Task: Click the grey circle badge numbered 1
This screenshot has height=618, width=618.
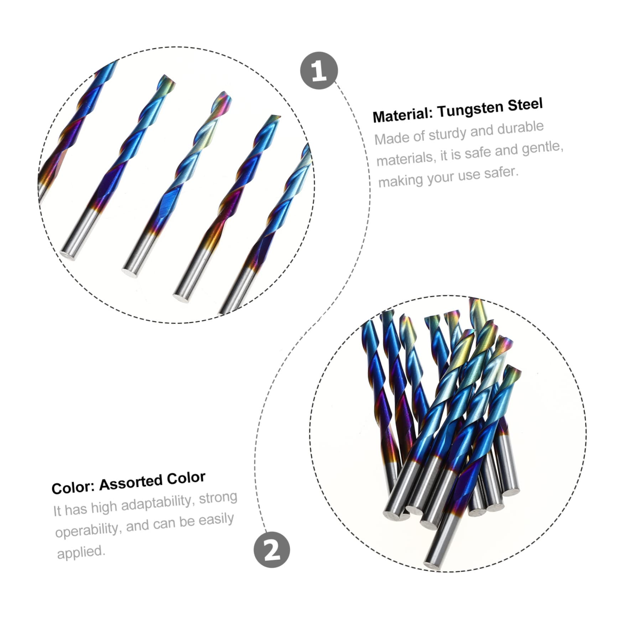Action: click(x=319, y=71)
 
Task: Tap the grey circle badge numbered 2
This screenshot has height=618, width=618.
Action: click(x=272, y=549)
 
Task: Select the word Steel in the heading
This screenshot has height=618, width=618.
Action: click(x=525, y=105)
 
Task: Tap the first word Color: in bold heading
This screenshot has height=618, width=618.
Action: click(x=73, y=487)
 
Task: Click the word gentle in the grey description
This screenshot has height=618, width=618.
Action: click(x=543, y=148)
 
